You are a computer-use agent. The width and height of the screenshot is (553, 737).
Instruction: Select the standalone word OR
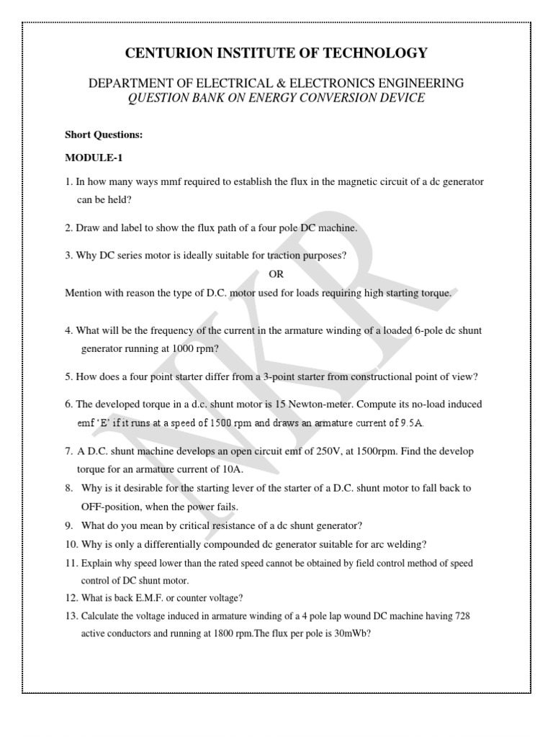click(276, 274)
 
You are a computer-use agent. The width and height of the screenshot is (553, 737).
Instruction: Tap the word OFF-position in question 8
click(110, 506)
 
